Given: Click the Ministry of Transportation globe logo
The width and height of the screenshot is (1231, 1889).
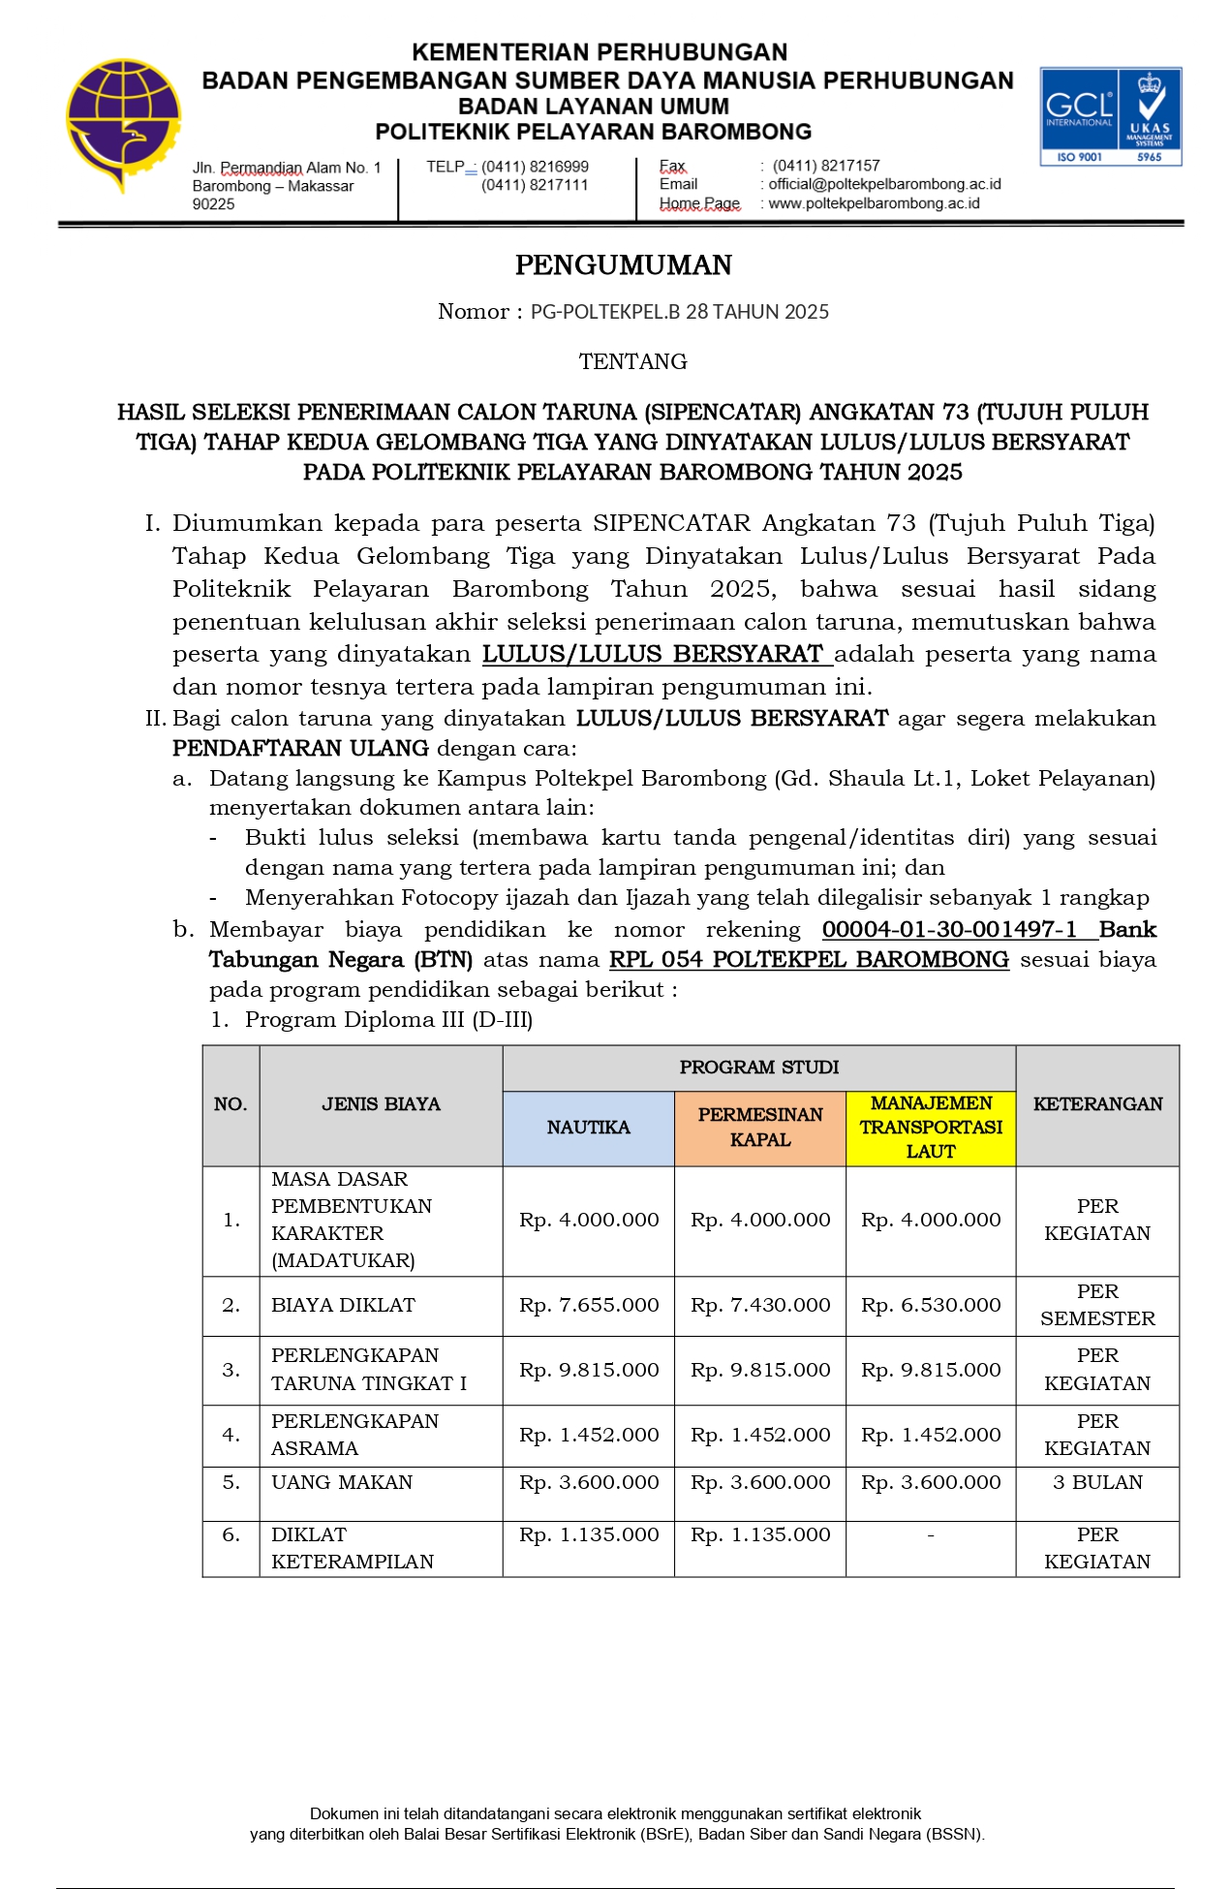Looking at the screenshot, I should pyautogui.click(x=122, y=124).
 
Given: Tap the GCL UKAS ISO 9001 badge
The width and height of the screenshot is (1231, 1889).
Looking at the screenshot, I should pyautogui.click(x=1110, y=116).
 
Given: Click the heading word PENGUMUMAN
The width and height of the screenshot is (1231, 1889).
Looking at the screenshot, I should pyautogui.click(x=623, y=265).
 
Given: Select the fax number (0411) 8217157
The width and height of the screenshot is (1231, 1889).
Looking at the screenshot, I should pyautogui.click(x=826, y=166).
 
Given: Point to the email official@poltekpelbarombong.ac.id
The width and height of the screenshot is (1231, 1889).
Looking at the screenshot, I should pyautogui.click(x=884, y=184).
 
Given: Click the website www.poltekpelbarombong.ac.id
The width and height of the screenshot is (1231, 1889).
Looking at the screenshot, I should pyautogui.click(x=874, y=203).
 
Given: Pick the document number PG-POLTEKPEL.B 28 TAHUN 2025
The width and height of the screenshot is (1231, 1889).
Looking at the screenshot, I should pyautogui.click(x=679, y=312).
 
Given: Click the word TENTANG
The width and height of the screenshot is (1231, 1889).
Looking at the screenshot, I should pyautogui.click(x=632, y=362).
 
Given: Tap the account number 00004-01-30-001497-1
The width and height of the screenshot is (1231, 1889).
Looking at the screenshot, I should pyautogui.click(x=949, y=930).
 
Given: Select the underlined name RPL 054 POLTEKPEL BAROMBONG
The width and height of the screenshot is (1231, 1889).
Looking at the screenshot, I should pyautogui.click(x=809, y=960).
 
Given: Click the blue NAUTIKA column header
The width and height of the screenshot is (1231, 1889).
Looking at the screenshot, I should pyautogui.click(x=588, y=1128).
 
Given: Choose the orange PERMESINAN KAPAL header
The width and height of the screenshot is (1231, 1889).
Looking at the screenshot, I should pyautogui.click(x=760, y=1128).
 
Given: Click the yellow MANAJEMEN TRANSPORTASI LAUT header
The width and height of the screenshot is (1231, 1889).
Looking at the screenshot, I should pyautogui.click(x=931, y=1128).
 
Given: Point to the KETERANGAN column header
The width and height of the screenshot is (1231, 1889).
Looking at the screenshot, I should pyautogui.click(x=1097, y=1104).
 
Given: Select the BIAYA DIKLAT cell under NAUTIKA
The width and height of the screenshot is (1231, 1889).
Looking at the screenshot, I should pyautogui.click(x=589, y=1306).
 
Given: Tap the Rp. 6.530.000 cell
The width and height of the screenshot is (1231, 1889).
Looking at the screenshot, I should pyautogui.click(x=931, y=1306).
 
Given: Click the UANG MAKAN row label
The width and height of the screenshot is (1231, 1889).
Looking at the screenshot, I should pyautogui.click(x=342, y=1483).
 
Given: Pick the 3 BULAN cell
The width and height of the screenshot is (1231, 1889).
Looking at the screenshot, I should pyautogui.click(x=1097, y=1483).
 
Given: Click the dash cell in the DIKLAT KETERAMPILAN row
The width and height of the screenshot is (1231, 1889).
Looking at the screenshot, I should pyautogui.click(x=931, y=1535).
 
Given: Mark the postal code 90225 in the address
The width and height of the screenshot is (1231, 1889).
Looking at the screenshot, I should pyautogui.click(x=214, y=204).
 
